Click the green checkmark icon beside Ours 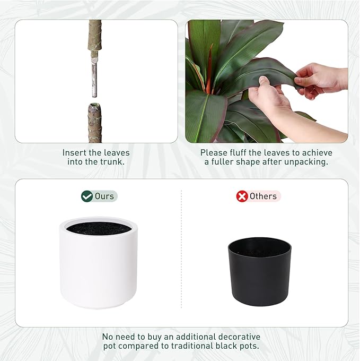click(x=87, y=196)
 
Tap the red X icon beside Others click(x=242, y=196)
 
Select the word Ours click(x=104, y=196)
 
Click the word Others click(x=264, y=196)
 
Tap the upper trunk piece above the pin click(x=95, y=40)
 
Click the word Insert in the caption click(x=75, y=153)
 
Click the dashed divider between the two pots click(x=181, y=255)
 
